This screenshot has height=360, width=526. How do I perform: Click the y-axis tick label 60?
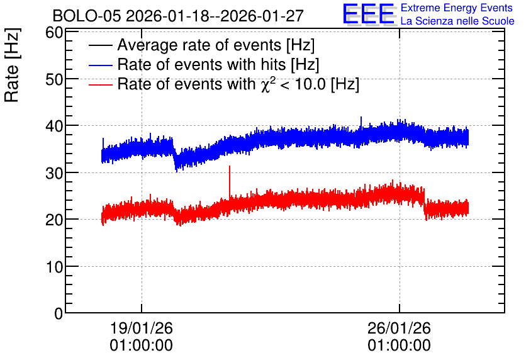[54, 33]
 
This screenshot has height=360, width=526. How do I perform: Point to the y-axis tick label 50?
[54, 80]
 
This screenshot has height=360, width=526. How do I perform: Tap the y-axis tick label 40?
[54, 127]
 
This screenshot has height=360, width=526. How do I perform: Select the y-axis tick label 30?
[54, 174]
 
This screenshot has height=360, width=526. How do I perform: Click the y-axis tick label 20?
[54, 220]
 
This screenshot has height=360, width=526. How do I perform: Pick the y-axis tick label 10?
[54, 267]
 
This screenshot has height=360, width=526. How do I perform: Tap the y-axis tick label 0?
[59, 313]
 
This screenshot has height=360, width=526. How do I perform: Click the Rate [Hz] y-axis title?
[12, 65]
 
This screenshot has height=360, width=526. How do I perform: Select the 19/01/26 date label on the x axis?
[141, 328]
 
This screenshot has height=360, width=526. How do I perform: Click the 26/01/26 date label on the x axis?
[399, 328]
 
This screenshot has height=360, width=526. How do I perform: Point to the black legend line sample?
[101, 45]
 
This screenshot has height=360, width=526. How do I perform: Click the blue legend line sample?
[101, 65]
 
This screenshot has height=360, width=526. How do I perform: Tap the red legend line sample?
[101, 84]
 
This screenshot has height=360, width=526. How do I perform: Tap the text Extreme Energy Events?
[457, 8]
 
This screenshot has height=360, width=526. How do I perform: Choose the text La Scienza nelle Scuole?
[457, 21]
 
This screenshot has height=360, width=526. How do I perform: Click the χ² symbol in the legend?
[266, 84]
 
